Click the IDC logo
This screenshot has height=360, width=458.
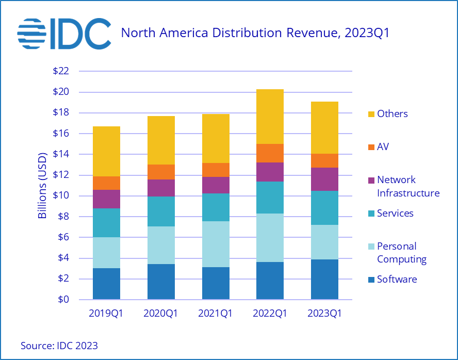point(64,33)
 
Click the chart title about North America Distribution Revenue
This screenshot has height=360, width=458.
point(254,34)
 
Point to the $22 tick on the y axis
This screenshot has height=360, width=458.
point(60,71)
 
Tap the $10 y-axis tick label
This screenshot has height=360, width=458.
point(60,196)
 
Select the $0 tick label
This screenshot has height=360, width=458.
point(63,300)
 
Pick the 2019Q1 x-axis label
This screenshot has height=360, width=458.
point(106,314)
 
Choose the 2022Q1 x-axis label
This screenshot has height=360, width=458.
point(270,314)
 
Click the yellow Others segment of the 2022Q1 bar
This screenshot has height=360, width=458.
point(270,117)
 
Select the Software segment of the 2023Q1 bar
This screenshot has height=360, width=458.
point(324,279)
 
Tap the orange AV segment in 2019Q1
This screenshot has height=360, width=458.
point(106,183)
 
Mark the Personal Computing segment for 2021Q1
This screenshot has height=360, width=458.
point(216,244)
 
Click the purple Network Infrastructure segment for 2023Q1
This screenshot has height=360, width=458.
point(324,179)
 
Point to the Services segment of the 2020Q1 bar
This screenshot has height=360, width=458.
point(161,211)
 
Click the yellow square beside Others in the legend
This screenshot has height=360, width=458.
point(369,114)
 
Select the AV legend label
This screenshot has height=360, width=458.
point(383,147)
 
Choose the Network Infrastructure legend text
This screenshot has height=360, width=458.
point(408,186)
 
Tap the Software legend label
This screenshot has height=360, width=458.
point(397,280)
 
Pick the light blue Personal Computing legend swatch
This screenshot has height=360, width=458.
point(369,247)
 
